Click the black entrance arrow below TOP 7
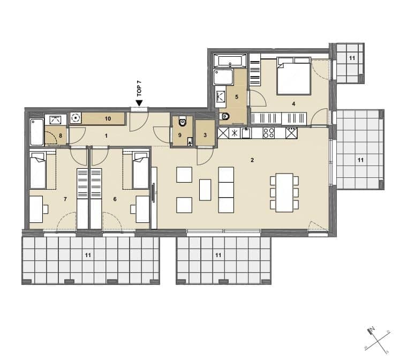coord(139,103)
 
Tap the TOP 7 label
coord(139,88)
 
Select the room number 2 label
coord(252,160)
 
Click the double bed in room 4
coord(294,76)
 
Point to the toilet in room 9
coord(183,121)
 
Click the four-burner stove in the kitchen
coord(268,133)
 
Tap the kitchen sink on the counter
coord(246,133)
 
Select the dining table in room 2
coord(284,193)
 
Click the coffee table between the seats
coord(205,190)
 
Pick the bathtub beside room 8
coord(37,132)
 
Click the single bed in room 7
coord(38,170)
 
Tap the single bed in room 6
coord(140,170)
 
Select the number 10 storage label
coord(108,119)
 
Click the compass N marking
coord(373,328)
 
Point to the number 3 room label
coord(205,136)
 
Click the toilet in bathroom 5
coord(224,117)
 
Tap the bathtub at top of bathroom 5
coord(230,61)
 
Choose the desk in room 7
coord(36,209)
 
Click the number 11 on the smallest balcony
coord(352,58)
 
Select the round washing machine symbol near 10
coord(76,118)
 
